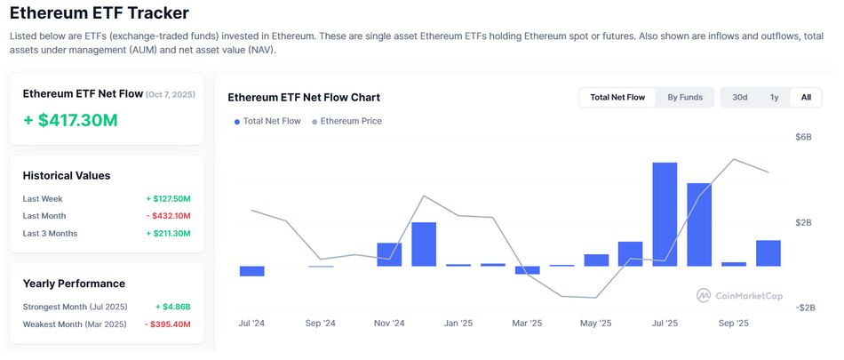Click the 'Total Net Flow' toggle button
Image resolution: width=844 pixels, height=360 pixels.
[x=617, y=97]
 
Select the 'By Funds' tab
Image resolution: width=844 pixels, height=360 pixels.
[x=685, y=97]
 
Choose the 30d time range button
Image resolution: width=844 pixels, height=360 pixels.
[x=739, y=97]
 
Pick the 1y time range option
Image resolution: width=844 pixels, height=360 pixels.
[x=774, y=97]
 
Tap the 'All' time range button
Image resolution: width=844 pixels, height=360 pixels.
[x=806, y=97]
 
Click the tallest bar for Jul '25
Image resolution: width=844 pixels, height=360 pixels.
[x=665, y=214]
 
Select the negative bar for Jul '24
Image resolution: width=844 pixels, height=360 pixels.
[x=252, y=271]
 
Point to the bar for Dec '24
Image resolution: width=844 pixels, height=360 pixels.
[x=424, y=244]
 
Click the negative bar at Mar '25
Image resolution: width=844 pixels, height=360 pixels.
[x=528, y=269]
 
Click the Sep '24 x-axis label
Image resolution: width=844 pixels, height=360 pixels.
[x=321, y=324]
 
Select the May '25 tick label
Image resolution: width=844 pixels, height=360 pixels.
[x=596, y=324]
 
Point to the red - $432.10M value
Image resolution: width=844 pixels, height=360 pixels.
[x=168, y=216]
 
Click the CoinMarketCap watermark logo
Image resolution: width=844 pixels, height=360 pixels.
[x=739, y=295]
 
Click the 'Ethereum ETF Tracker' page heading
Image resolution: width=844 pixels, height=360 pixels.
[x=99, y=14]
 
